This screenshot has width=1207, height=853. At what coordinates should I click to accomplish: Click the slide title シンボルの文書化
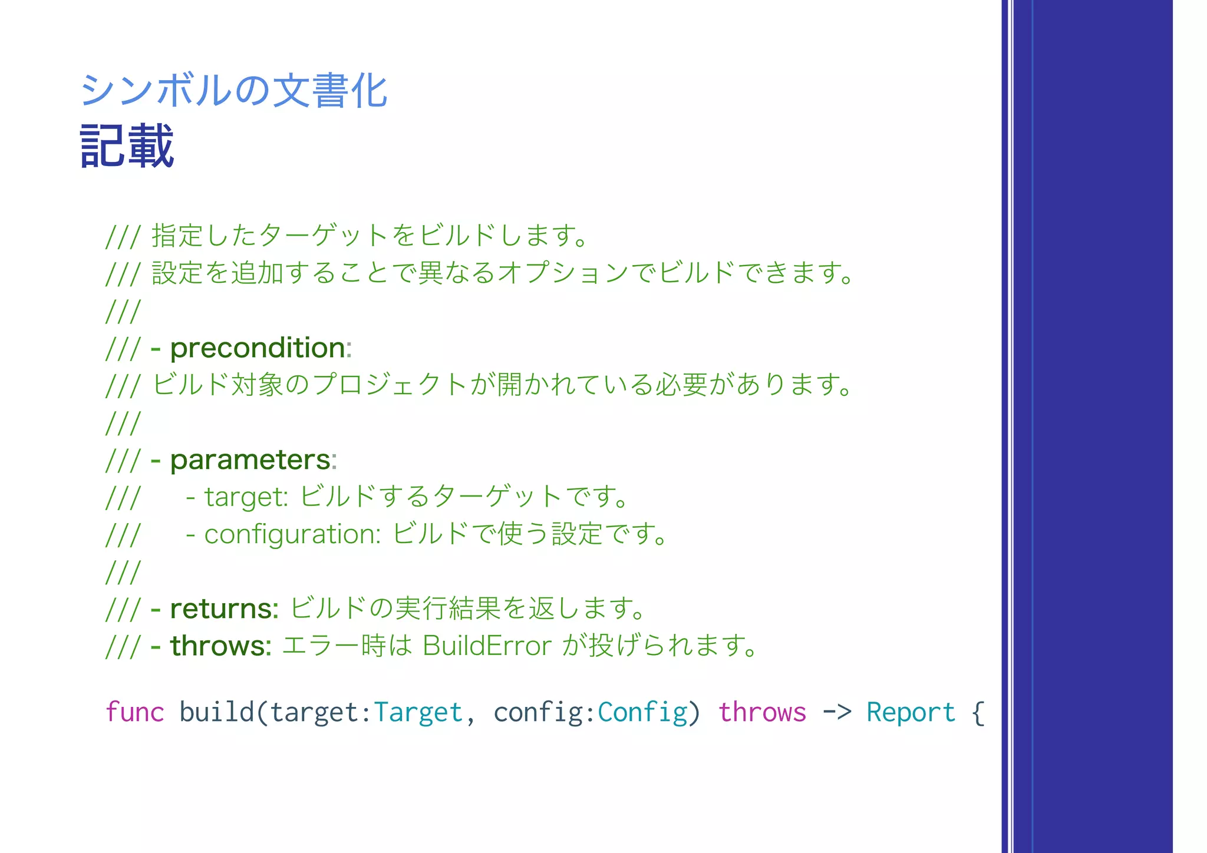[x=233, y=91]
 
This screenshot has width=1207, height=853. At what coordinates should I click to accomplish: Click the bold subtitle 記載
[x=127, y=146]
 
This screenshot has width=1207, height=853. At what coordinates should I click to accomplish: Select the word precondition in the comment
[x=258, y=348]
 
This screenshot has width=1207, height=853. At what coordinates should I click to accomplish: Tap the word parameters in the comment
[x=250, y=460]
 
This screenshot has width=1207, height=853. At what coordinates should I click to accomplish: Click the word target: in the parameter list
[x=246, y=497]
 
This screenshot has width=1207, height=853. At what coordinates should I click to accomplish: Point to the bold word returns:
[x=224, y=609]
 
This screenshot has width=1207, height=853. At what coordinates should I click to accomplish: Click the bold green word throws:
[x=220, y=646]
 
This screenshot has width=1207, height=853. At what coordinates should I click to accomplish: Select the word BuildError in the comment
[x=487, y=646]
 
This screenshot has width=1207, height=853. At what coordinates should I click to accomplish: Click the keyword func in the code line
[x=134, y=712]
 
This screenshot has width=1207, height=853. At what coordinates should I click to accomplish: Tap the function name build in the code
[x=216, y=712]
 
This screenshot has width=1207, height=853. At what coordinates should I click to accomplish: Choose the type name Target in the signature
[x=418, y=712]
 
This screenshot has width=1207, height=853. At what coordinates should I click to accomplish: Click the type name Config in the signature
[x=642, y=712]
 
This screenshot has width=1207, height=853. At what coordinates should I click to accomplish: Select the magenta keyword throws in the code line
[x=762, y=712]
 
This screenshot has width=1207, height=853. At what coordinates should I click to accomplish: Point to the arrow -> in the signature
[x=837, y=712]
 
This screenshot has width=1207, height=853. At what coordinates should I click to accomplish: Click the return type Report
[x=911, y=712]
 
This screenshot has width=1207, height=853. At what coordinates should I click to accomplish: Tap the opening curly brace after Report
[x=978, y=712]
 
